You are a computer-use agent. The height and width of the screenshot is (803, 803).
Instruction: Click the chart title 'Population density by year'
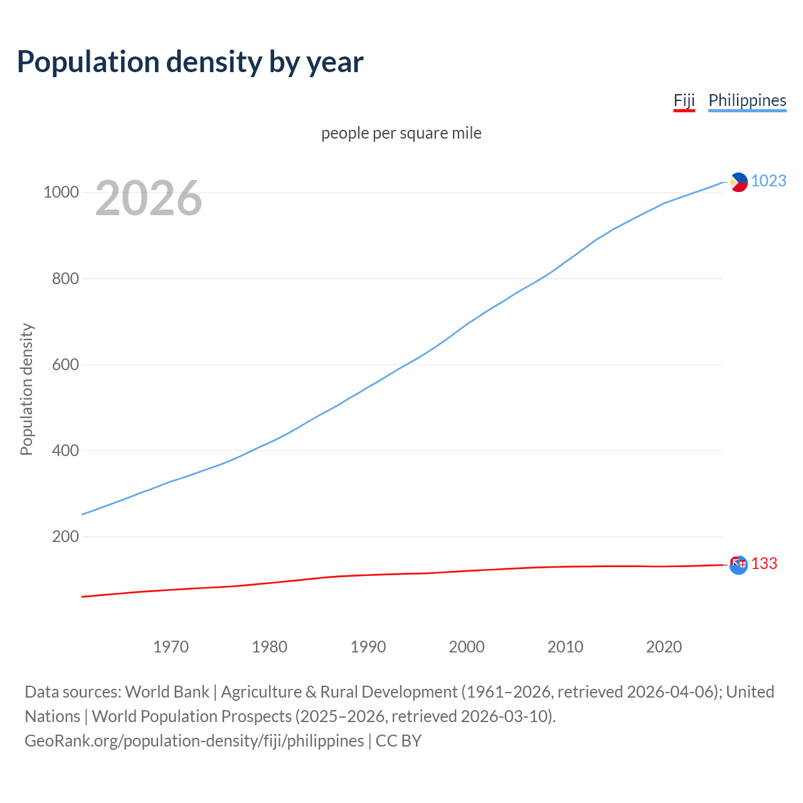(x=190, y=62)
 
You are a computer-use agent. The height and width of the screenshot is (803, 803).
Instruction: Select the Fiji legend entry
(x=684, y=100)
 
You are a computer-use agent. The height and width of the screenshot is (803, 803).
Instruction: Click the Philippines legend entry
(x=747, y=100)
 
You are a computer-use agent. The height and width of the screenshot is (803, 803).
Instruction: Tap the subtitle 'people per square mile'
(x=401, y=133)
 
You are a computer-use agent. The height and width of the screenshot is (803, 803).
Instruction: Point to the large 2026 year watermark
(x=149, y=198)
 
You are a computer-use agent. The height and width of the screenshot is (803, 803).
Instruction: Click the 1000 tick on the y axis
(x=61, y=192)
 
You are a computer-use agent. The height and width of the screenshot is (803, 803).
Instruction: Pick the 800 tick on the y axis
(x=65, y=279)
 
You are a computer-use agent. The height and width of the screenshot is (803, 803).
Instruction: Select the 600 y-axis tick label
(x=65, y=364)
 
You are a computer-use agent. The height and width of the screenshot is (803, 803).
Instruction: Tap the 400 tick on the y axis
(x=65, y=450)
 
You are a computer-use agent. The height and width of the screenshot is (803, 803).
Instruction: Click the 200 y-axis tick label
(x=65, y=536)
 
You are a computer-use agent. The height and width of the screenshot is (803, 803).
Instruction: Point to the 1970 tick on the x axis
(x=171, y=647)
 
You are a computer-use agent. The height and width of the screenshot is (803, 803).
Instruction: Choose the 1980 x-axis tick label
(x=269, y=647)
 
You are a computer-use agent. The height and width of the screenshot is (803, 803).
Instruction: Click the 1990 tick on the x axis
(x=368, y=647)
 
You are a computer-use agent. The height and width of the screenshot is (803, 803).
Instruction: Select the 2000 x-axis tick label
(x=467, y=647)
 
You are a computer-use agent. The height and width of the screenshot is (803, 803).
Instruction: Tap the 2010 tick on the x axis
(x=565, y=647)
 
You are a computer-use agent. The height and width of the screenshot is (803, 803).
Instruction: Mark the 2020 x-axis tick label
(x=664, y=647)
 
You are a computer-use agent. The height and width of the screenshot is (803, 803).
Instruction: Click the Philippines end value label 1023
(x=768, y=181)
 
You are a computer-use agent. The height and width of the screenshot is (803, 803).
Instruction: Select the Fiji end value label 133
(x=764, y=564)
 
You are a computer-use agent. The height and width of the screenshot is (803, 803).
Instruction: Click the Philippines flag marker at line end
(x=739, y=182)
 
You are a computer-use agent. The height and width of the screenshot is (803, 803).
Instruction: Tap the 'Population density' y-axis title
(x=26, y=389)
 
